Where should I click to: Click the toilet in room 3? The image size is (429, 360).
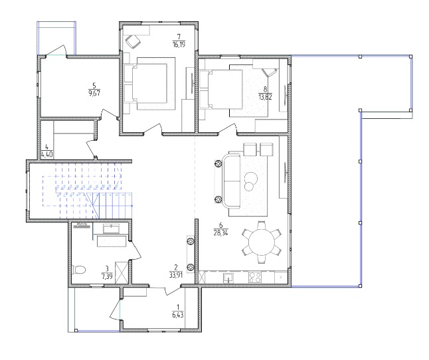pos(79,270)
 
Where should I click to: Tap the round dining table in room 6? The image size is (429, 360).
pos(262,242)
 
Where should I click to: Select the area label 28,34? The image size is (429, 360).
pos(220,232)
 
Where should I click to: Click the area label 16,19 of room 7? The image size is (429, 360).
pos(179,45)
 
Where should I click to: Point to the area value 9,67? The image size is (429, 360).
pos(94,93)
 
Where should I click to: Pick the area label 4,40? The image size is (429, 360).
pos(46,155)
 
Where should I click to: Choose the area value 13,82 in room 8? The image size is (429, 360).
pos(265,97)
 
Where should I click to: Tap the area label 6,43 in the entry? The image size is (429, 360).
pos(178,315)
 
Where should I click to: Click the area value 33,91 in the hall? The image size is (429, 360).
pos(175,275)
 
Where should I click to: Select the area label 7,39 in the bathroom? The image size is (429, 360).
pos(107,276)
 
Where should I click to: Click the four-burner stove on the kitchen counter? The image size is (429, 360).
pos(255,277)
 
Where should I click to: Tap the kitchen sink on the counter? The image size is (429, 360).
pos(228,278)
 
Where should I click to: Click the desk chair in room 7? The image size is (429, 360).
pos(133,42)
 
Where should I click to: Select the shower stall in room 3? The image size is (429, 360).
pos(122,273)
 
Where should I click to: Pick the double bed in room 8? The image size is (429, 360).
pos(221,89)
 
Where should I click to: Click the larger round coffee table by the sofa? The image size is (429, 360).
pos(251,178)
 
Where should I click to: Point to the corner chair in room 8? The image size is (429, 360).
pos(270,73)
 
